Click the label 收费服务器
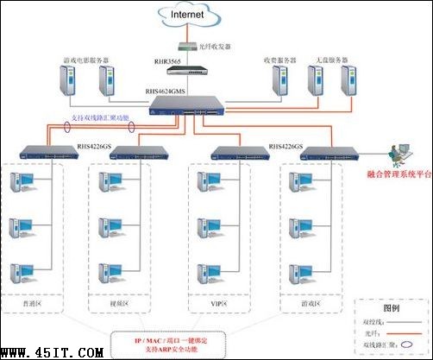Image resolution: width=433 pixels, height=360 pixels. [x=279, y=60]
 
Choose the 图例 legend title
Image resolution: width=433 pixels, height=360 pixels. [x=392, y=307]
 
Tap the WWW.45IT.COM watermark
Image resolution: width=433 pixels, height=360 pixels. [x=53, y=351]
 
